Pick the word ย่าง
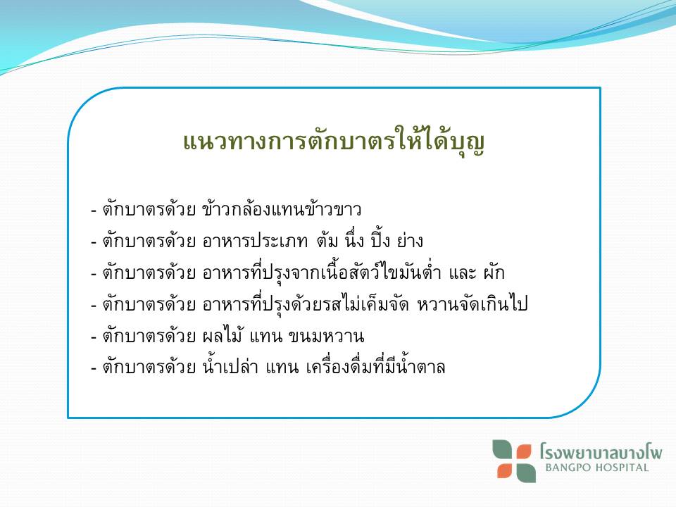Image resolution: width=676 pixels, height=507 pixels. pos(410,240)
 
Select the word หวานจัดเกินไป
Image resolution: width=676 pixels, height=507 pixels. pos(472,304)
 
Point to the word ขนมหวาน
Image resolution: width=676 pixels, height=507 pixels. pos(326,336)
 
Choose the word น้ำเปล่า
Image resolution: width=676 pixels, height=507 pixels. pos(230,366)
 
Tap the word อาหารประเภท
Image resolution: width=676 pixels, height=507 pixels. pos(255,241)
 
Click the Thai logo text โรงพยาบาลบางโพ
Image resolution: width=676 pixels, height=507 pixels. pos(601,452)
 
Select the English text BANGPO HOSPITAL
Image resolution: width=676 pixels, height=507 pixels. pos(596,468)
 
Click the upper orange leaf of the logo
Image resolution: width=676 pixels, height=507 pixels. pos(524,453)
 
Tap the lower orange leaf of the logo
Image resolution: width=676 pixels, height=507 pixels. pos(504,471)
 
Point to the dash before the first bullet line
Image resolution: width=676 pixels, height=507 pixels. pos(94,211)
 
